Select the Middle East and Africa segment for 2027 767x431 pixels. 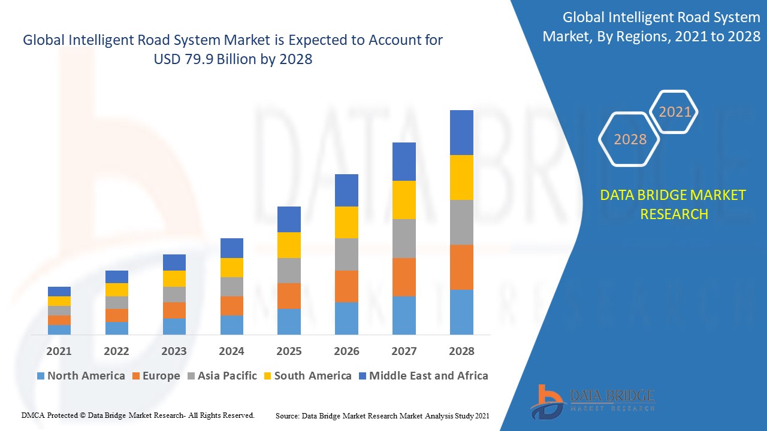tap(404, 162)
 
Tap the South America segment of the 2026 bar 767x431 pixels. tap(346, 222)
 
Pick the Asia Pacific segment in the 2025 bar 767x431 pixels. tap(289, 271)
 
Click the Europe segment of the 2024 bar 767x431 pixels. tap(232, 306)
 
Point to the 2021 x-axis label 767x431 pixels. tap(59, 351)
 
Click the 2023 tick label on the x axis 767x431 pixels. tap(174, 351)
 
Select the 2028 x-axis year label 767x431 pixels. tap(461, 351)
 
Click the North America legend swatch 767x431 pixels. tap(41, 376)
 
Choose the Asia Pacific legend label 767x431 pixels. tap(227, 376)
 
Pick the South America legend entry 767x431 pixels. tap(312, 376)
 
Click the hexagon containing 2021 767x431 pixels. tap(675, 112)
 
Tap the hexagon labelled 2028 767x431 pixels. tap(630, 139)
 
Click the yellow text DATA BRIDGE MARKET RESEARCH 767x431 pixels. tap(674, 204)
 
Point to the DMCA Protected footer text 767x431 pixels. tap(138, 415)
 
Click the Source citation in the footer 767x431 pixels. tap(382, 415)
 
